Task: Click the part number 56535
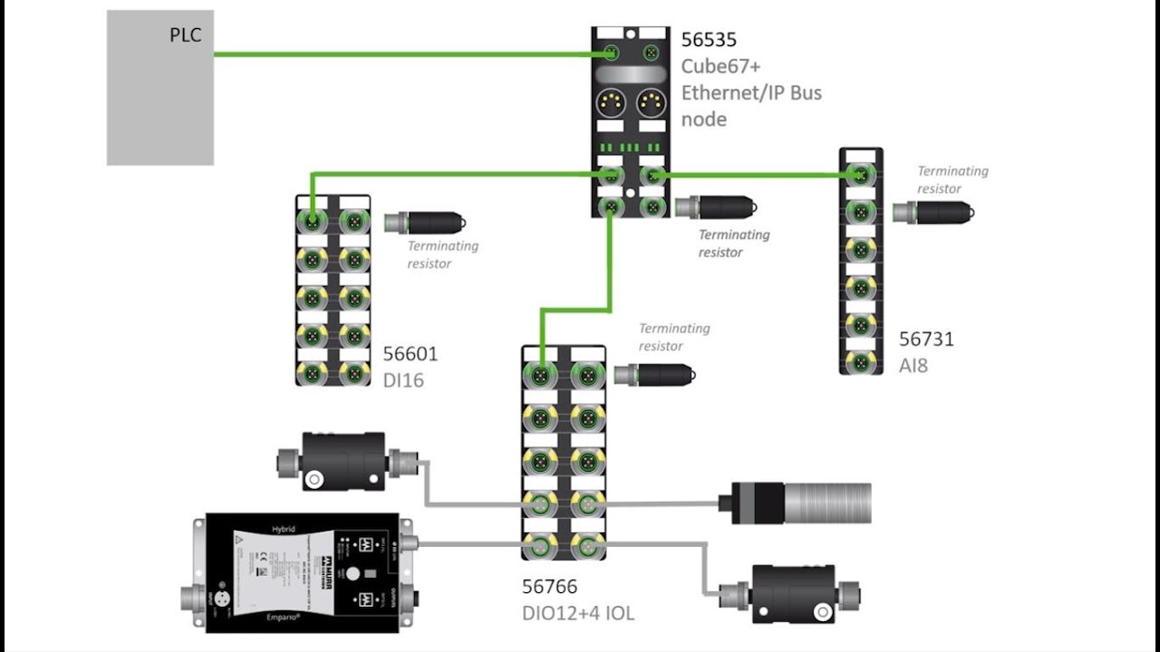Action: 709,40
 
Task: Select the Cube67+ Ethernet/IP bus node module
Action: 631,122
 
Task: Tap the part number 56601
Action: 410,354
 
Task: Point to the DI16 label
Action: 402,380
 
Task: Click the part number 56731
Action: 926,339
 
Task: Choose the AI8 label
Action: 913,366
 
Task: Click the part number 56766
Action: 549,587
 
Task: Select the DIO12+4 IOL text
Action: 577,613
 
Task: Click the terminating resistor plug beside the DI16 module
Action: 426,222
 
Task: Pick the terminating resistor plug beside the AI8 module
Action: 933,213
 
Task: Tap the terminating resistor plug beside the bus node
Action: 716,207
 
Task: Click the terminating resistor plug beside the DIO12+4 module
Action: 654,373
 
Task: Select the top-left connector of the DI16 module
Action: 313,220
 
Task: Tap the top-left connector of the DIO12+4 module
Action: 542,374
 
